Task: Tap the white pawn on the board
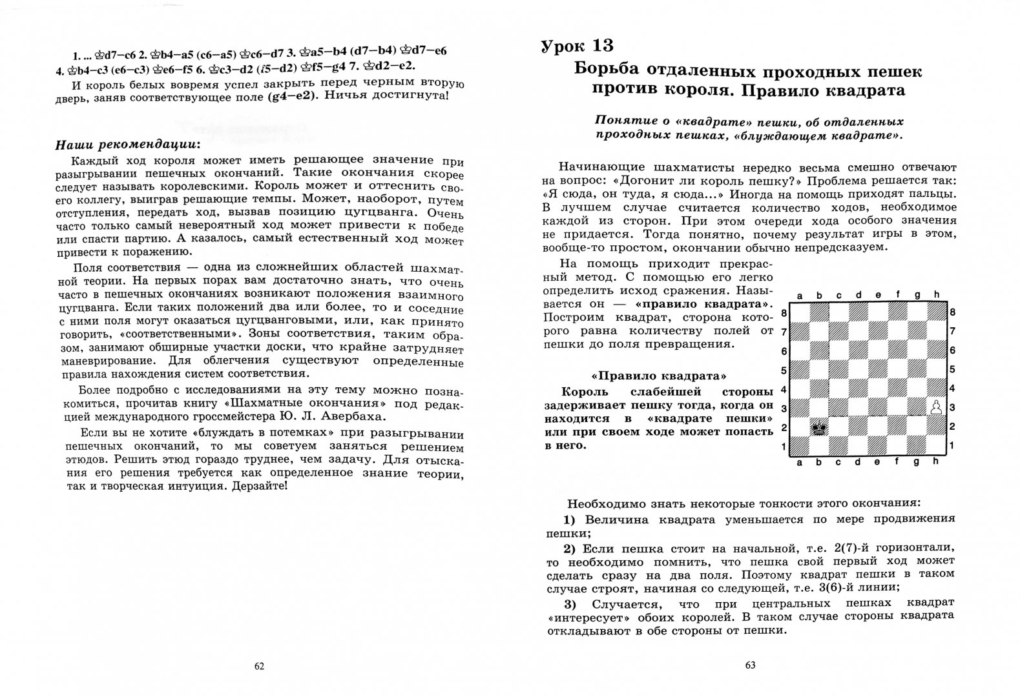click(935, 407)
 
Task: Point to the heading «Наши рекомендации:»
click(128, 143)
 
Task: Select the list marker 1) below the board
click(568, 520)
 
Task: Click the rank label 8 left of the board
click(784, 313)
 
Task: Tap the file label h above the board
click(936, 296)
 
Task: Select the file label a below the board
click(800, 461)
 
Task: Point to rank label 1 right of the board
click(952, 446)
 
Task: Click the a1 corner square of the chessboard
click(800, 446)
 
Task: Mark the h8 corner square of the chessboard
click(936, 312)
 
